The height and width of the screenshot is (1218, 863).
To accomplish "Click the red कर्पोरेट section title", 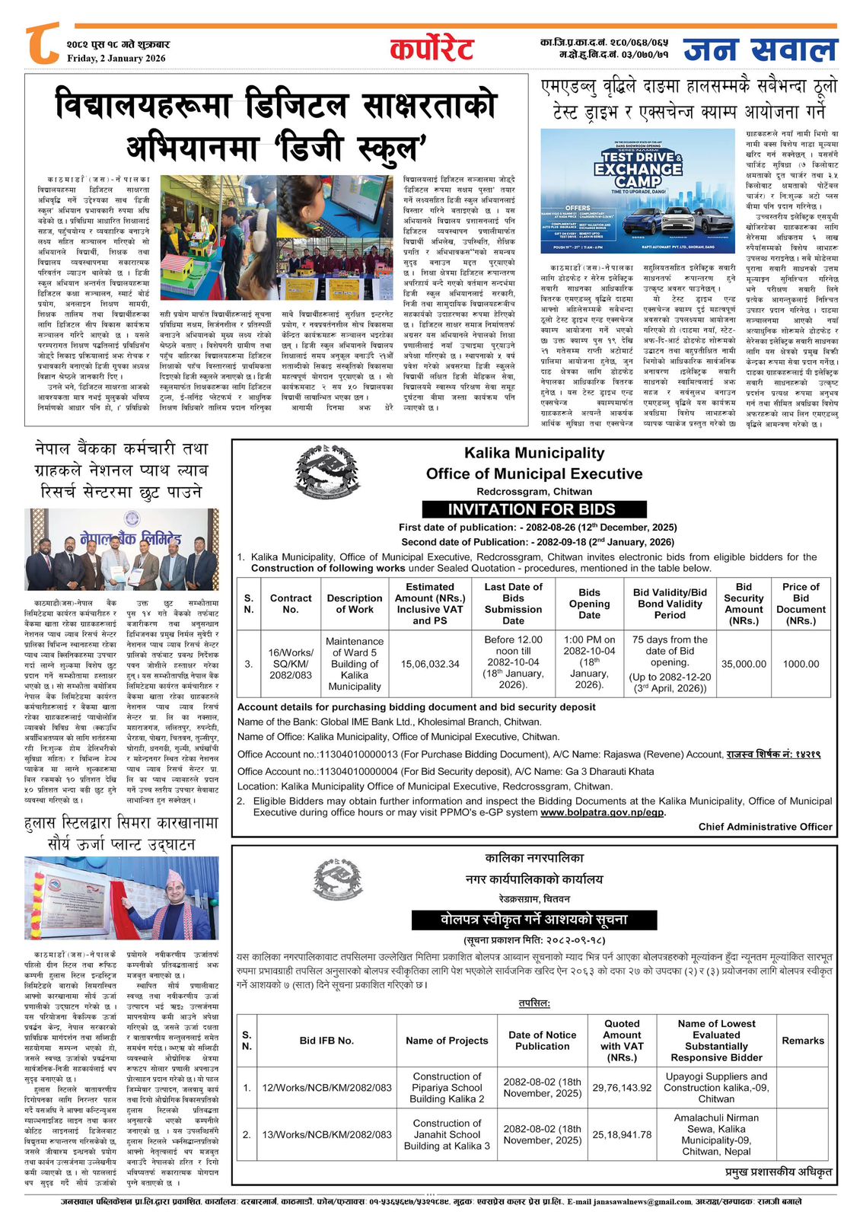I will coord(431,49).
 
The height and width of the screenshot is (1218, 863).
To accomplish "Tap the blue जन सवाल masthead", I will coord(760,50).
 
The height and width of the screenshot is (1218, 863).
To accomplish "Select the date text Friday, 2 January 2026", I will coord(116,59).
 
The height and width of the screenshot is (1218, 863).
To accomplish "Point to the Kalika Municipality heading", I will coord(534,453).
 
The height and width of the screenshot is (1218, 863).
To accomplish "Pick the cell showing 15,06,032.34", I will coord(430,664).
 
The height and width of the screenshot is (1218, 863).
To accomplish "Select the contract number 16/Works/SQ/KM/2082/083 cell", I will coord(291,664).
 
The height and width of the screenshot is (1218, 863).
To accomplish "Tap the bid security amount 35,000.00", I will coord(744,664).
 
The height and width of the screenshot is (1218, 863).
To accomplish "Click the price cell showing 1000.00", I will coord(801,664).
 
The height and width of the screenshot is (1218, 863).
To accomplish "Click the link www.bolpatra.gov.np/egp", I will coord(603,812).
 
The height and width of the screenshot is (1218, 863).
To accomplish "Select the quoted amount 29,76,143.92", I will coord(622,1088).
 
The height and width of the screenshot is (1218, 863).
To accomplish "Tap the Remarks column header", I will coord(803,1041).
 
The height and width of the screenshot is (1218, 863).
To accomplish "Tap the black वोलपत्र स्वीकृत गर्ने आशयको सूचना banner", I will coord(534,919).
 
